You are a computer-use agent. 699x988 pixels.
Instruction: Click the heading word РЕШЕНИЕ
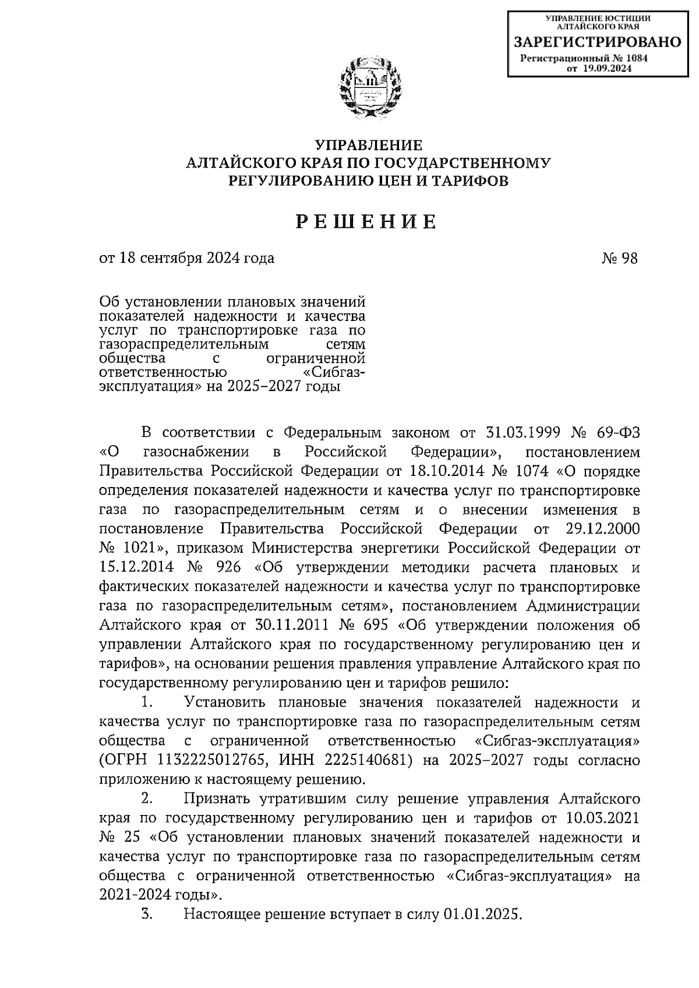pyautogui.click(x=366, y=222)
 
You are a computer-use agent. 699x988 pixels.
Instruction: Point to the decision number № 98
pyautogui.click(x=620, y=258)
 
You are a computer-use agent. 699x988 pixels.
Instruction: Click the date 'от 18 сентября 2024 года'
pyautogui.click(x=187, y=258)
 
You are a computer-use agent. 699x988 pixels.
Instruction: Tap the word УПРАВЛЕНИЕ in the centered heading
pyautogui.click(x=368, y=145)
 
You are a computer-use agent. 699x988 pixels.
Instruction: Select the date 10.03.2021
pyautogui.click(x=603, y=818)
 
